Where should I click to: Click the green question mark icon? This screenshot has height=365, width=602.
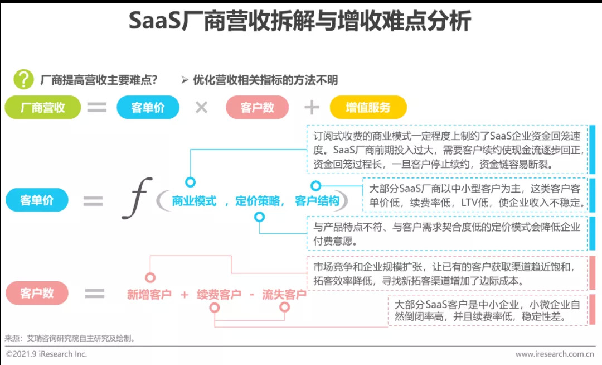point(23,79)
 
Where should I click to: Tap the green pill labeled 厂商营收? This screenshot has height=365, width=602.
point(42,107)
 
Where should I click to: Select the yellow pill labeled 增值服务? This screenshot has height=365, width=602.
point(368,107)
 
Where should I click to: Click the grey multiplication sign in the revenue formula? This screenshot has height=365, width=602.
point(201,107)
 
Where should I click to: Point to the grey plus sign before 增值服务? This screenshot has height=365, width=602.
point(312,107)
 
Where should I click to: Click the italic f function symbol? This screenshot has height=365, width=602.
point(137,198)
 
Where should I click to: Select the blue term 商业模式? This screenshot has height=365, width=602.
point(194,201)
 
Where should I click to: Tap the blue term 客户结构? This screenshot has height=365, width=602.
point(317,201)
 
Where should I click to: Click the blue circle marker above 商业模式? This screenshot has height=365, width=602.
point(190,182)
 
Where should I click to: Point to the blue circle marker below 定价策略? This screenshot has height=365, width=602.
point(260,217)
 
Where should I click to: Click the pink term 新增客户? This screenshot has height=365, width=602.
point(149,294)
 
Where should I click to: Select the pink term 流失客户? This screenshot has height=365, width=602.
point(284,294)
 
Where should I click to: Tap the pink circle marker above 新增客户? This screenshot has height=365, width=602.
point(150,277)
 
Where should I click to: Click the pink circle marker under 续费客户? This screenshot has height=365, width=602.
point(214,308)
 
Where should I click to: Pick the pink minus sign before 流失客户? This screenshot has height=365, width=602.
point(252,295)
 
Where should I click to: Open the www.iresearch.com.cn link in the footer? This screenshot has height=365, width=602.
point(555,354)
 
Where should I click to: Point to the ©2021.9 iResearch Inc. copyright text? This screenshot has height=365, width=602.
point(46,354)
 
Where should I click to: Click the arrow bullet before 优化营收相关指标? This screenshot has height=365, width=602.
point(185,80)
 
